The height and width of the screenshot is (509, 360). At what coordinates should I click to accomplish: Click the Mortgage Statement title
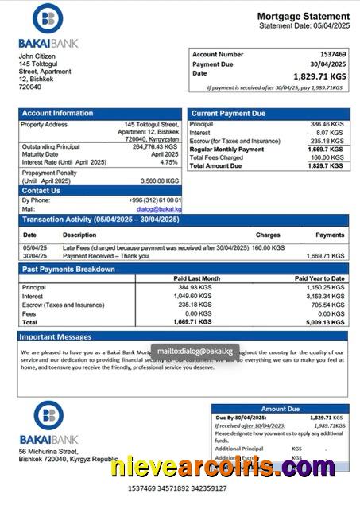click(x=303, y=16)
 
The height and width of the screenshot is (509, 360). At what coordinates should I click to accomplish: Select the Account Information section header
click(x=58, y=114)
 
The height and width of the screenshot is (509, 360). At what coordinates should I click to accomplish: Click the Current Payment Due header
click(x=228, y=114)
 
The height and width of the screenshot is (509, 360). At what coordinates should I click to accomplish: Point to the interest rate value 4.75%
click(x=168, y=162)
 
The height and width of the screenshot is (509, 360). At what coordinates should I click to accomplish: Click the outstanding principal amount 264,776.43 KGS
click(x=155, y=146)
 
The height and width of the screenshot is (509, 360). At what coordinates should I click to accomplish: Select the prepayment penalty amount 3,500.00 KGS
click(x=158, y=181)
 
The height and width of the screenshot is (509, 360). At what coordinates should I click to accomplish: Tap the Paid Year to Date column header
click(x=319, y=278)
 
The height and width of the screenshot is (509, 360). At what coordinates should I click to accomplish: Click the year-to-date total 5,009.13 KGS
click(x=327, y=322)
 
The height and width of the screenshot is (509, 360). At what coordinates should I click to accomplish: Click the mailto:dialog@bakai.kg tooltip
click(x=195, y=350)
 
